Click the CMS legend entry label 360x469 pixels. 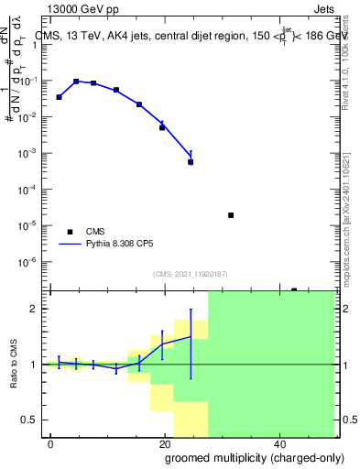95,232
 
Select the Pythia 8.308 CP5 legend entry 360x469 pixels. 124,245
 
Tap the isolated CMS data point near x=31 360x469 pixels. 231,215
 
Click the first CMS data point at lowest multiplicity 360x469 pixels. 60,97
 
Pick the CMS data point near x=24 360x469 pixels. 191,162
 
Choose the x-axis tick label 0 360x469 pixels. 51,442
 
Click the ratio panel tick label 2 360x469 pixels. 37,309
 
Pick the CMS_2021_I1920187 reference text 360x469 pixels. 190,274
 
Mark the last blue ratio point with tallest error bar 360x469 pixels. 191,337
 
